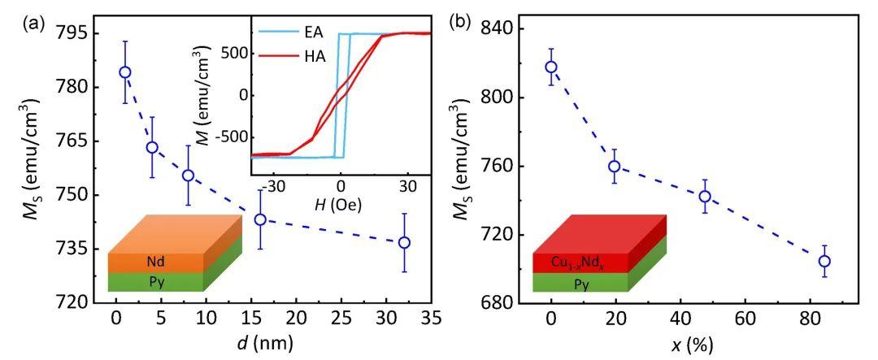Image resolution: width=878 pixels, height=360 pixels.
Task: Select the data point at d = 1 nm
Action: tap(125, 72)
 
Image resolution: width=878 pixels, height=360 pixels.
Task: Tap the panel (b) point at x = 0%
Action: tap(551, 67)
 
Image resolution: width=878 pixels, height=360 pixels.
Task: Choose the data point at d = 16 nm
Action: tap(260, 219)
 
